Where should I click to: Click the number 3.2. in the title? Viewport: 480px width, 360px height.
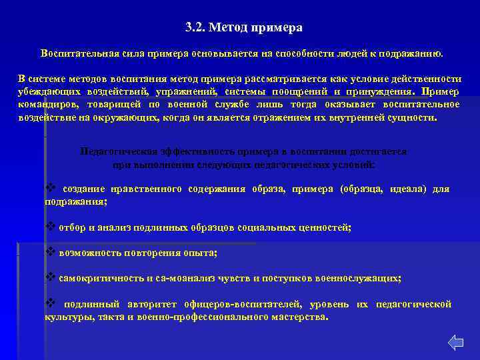click(x=197, y=28)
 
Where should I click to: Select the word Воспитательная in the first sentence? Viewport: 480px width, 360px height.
click(x=74, y=53)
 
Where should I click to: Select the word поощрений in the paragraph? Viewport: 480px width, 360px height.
click(x=294, y=92)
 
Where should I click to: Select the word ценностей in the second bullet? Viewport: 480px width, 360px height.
click(x=323, y=227)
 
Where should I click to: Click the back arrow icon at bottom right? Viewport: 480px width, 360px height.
click(x=455, y=343)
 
